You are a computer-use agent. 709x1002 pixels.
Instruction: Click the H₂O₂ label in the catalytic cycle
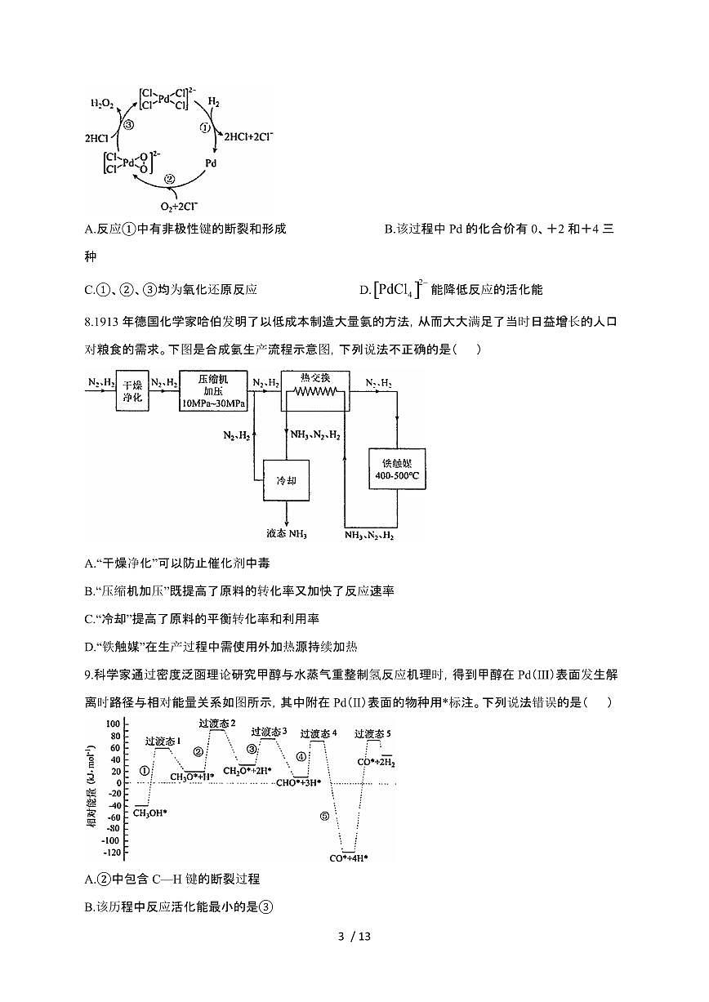coord(102,104)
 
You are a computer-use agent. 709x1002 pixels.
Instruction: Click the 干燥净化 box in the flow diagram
coord(132,391)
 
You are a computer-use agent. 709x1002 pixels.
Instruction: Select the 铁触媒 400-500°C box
coord(397,469)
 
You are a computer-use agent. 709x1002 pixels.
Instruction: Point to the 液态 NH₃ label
coord(285,534)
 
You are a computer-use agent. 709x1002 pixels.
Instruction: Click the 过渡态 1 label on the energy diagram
coord(163,741)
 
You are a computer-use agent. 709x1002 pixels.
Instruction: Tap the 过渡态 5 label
coord(373,734)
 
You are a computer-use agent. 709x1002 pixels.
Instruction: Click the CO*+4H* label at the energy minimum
coord(349,857)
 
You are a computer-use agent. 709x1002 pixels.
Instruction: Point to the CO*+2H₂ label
coord(377,762)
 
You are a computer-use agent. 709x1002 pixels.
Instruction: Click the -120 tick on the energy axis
coord(111,853)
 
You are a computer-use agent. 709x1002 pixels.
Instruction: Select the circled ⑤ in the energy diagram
coord(324,816)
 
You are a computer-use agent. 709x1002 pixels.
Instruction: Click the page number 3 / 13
coord(354,960)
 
